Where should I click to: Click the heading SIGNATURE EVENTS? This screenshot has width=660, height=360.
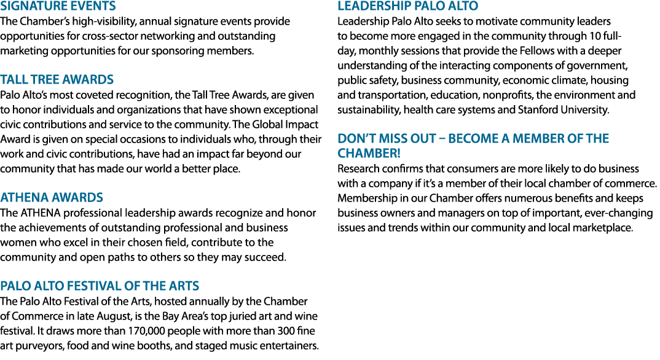(x=58, y=6)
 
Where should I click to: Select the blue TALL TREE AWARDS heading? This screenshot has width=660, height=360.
(x=57, y=79)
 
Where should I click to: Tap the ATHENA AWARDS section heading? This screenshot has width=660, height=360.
(x=52, y=197)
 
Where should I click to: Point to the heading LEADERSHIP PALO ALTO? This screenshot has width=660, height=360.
(x=408, y=6)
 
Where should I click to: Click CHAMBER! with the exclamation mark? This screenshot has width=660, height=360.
(x=369, y=153)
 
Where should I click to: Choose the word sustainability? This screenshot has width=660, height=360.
(x=369, y=110)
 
